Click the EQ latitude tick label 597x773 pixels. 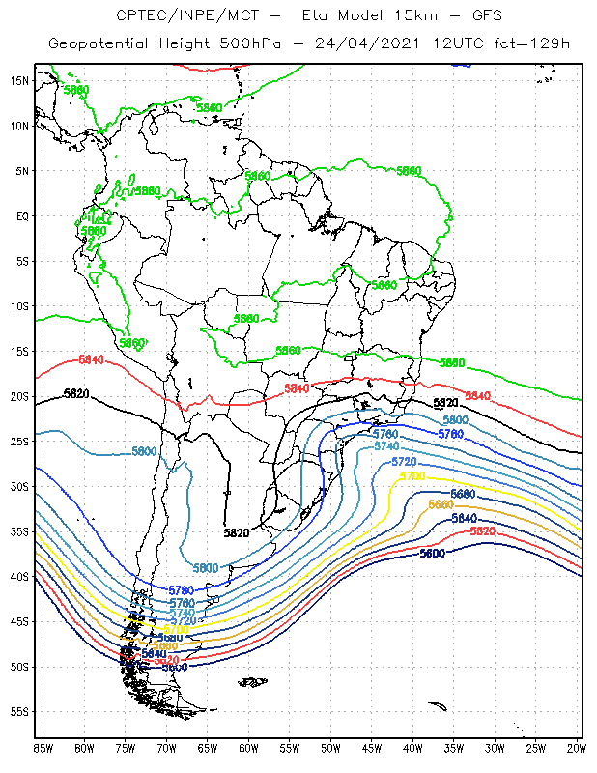tap(20, 215)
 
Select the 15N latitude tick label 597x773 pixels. tap(18, 80)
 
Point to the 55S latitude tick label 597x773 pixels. tap(18, 711)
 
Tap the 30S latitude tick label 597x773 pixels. tap(18, 486)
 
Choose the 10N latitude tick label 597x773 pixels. tap(18, 126)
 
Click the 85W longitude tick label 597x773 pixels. tap(43, 748)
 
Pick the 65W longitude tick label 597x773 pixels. tap(208, 748)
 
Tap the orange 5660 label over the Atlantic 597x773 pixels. tap(440, 504)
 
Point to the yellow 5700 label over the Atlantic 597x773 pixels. tap(412, 476)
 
